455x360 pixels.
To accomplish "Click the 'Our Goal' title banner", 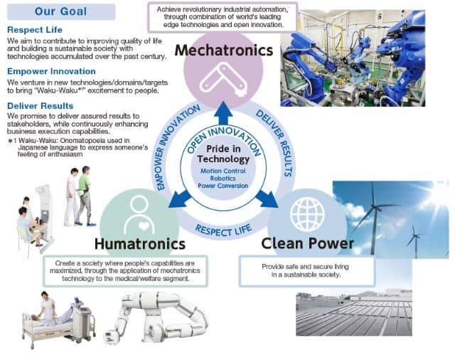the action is coord(61,11).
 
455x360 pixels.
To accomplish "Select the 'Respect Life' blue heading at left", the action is coord(35,30).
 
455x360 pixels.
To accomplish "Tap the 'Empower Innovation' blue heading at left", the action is coord(51,71).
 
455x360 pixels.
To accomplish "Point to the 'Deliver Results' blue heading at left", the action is coord(41,106).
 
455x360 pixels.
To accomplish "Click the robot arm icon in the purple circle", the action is coord(223,78).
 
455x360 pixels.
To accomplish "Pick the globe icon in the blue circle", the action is coord(307,215).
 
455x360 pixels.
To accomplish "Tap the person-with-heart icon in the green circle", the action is coord(139,215).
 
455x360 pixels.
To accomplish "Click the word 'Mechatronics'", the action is coord(224,50).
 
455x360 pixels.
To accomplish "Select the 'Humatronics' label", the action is coord(140,244).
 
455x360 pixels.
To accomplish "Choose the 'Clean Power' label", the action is coord(308,243).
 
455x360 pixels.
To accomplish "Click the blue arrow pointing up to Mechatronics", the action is coord(223,113).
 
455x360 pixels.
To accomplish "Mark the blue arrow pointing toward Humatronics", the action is coord(180,199).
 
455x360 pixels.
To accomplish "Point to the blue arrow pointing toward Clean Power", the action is coord(267,199).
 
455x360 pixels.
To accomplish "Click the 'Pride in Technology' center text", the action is coord(223,154).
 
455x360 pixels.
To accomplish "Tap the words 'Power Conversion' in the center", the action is coord(223,186).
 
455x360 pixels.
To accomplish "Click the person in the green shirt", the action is coord(85,196).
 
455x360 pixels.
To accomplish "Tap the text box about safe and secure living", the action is coord(306,271).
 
